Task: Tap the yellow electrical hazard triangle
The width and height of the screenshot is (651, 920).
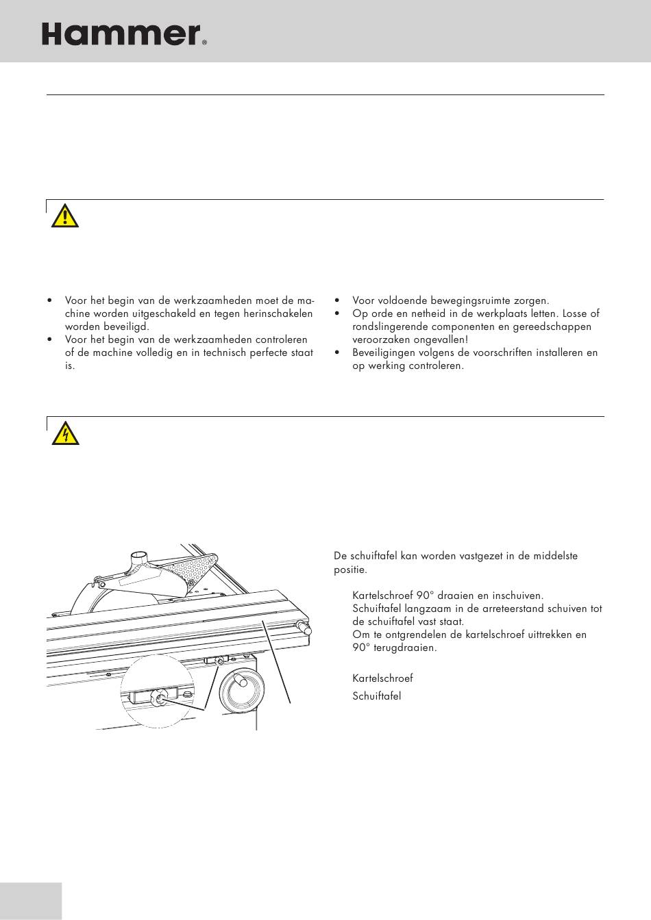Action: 65,434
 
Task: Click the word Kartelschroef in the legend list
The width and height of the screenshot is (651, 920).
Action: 382,678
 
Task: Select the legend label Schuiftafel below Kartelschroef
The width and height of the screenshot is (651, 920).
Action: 376,696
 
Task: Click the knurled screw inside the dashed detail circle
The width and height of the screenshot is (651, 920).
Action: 158,698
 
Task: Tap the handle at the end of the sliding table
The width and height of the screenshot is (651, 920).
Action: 302,627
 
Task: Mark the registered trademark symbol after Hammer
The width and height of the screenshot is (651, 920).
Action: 204,42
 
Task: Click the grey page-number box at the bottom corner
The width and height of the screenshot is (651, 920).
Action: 31,901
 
